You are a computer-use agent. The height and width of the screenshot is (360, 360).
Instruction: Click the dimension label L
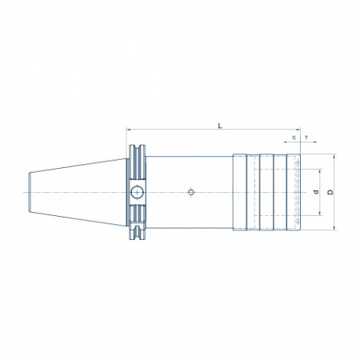220,126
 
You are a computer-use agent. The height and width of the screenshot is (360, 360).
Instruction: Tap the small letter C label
294,138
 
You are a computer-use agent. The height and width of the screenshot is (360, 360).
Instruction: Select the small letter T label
306,138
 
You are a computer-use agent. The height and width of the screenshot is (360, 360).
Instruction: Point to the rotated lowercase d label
316,192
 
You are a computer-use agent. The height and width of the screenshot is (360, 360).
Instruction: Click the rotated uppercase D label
330,192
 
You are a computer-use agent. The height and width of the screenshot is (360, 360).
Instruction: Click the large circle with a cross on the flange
137,192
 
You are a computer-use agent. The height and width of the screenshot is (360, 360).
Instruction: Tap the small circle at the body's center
191,192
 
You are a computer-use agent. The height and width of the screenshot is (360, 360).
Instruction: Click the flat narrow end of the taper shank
29,192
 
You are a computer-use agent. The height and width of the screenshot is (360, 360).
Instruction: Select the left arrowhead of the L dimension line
129,130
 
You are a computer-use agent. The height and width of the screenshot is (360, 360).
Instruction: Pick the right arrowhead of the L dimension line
298,130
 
